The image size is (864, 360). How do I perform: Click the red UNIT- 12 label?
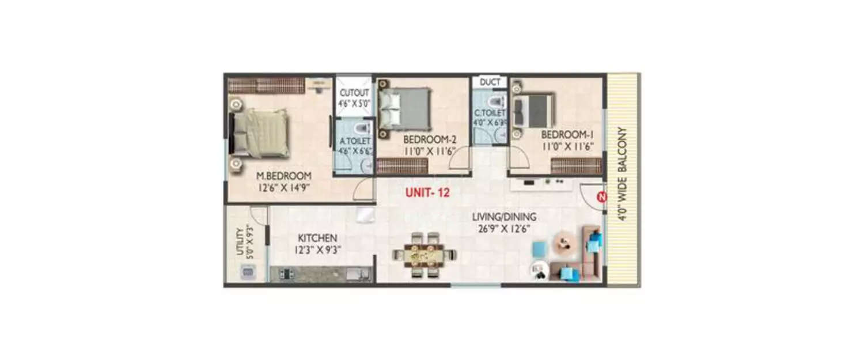click(x=427, y=194)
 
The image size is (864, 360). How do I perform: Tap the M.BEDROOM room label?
click(x=285, y=176)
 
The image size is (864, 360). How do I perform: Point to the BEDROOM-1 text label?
click(x=567, y=134)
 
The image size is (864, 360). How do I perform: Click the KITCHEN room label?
click(x=317, y=238)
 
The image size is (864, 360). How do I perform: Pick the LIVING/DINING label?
click(x=504, y=217)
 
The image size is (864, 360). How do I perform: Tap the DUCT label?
click(x=490, y=82)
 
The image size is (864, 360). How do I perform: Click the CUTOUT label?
click(x=353, y=93)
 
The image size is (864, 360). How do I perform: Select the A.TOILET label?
click(x=354, y=141)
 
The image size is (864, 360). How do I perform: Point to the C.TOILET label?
click(x=490, y=113)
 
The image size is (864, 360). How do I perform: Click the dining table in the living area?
click(x=425, y=255)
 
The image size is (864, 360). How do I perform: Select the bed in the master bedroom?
click(x=260, y=134)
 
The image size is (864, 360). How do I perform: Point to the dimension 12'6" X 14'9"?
click(x=285, y=187)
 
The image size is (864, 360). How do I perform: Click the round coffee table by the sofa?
click(x=564, y=242)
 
